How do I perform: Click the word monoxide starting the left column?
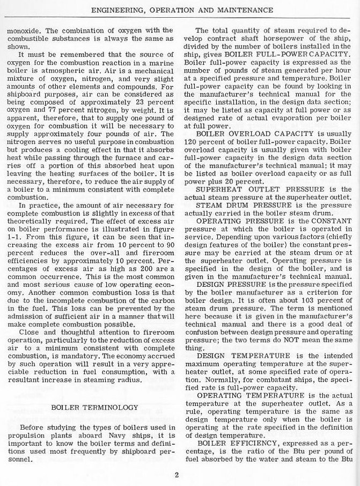tap(24, 30)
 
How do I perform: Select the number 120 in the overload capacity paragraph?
tap(190, 142)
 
